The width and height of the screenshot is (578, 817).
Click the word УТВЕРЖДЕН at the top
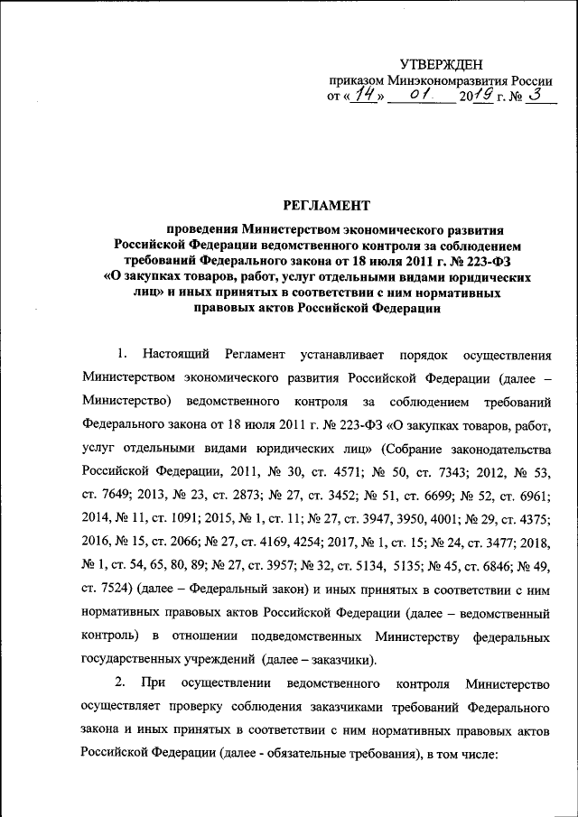click(x=442, y=63)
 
